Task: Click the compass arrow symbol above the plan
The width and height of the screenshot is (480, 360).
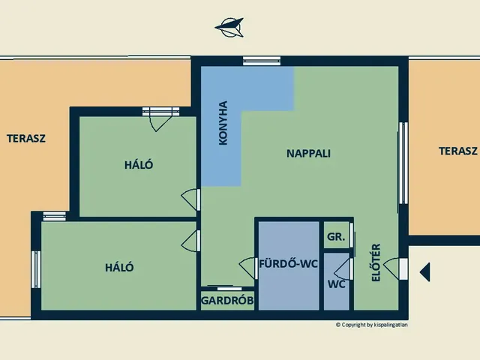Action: (229, 28)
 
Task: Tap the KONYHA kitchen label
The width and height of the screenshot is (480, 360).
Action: (223, 123)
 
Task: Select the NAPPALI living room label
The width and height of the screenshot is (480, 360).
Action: (308, 153)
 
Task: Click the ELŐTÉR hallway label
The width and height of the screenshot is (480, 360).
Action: (376, 262)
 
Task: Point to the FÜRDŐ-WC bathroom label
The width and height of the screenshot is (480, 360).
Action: (288, 263)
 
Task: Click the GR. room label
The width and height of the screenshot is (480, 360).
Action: (336, 237)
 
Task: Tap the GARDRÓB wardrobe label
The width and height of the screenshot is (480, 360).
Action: (227, 301)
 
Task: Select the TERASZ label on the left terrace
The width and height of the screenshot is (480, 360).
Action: (26, 139)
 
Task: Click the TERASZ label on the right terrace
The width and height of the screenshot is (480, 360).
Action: (458, 151)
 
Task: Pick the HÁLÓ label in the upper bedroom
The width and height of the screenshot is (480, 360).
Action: (139, 165)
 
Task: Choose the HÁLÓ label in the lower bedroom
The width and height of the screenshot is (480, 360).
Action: (119, 268)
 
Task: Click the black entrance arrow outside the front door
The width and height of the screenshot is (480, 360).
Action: (425, 271)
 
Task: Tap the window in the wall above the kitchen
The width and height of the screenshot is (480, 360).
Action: (262, 61)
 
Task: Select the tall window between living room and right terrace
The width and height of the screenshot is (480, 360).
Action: (403, 163)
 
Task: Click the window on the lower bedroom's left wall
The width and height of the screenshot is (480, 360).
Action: (36, 269)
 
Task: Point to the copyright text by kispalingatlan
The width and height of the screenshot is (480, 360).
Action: (372, 325)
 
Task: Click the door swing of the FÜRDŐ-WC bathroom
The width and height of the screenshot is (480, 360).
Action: (247, 268)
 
